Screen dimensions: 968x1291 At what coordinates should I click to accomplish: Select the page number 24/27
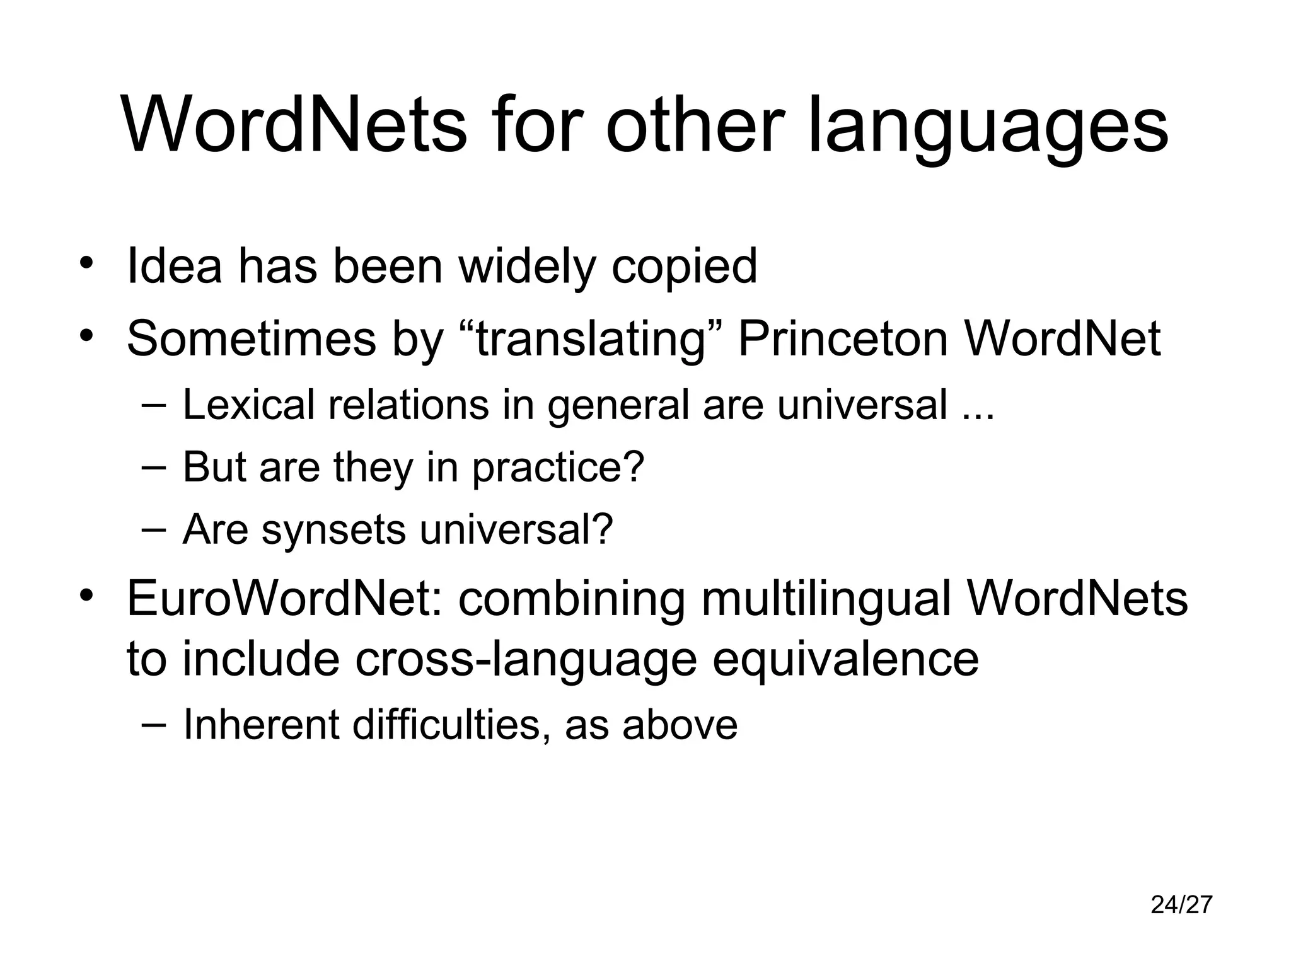[1181, 904]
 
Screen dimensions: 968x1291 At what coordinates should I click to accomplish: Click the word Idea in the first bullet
[174, 266]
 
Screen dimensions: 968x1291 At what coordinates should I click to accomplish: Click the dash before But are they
[154, 467]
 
